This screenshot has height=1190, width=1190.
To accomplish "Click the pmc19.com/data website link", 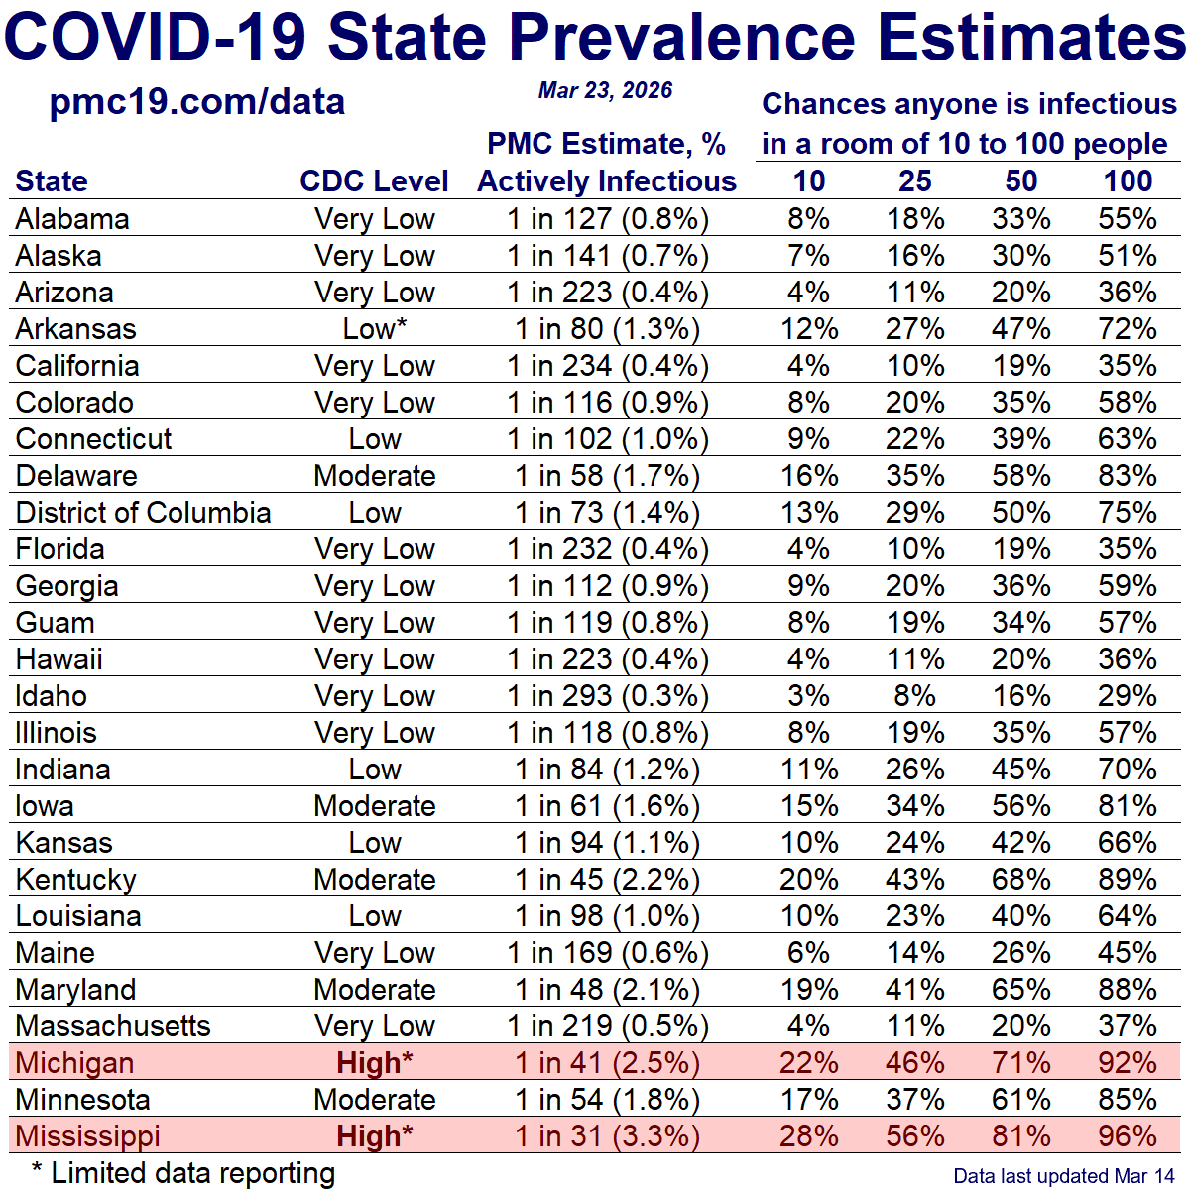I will [197, 102].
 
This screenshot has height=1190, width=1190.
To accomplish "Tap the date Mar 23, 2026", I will [605, 91].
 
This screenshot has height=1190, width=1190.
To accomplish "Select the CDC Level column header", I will [374, 181].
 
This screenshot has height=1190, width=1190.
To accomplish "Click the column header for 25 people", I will [914, 181].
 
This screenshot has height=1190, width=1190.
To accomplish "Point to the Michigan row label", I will [74, 1063].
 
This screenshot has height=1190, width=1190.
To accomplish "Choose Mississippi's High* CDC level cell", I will [374, 1136].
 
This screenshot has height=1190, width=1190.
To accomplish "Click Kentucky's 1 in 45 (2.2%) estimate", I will [607, 880].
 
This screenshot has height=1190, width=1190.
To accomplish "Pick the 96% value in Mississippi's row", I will [1128, 1136].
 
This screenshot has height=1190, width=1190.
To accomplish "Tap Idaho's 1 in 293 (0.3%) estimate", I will [607, 696].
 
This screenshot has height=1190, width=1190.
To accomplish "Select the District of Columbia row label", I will [143, 513].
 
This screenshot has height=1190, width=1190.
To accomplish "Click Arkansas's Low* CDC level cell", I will [374, 329].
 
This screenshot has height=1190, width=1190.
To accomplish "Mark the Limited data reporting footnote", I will [183, 1173].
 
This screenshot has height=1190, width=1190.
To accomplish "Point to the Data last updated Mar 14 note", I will [1063, 1176].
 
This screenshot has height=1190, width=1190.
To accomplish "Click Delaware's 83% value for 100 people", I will [1128, 476].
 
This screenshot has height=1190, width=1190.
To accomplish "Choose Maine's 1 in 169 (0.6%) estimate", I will [607, 953].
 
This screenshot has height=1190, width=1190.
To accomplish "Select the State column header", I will [52, 181].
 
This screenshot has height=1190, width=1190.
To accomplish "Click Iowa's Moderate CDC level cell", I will [374, 806].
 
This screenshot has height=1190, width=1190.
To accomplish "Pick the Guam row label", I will [56, 623].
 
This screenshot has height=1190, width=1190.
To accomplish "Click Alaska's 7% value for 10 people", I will [808, 256].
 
